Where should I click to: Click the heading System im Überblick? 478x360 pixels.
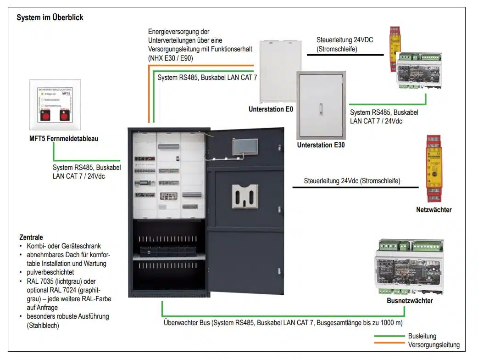50,18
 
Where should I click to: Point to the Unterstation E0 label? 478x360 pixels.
271,109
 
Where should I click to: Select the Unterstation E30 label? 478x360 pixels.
321,145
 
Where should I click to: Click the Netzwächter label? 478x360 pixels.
434,210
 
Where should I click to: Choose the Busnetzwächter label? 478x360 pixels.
410,301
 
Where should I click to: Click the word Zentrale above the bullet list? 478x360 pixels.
31,238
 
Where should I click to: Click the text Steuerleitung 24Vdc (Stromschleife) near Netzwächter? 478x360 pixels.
352,181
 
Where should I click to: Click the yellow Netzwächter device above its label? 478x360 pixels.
434,169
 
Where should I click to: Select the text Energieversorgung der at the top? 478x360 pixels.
178,32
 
